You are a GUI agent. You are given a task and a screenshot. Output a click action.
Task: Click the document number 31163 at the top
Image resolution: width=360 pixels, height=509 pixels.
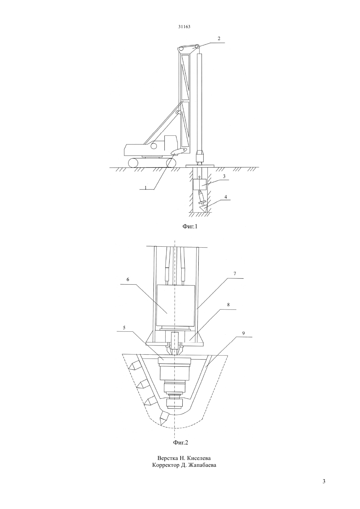[184, 27]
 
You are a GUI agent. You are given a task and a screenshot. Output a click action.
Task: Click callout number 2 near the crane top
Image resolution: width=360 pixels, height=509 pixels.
[219, 39]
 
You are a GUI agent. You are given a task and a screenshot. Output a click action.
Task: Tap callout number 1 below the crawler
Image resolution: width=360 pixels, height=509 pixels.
[145, 188]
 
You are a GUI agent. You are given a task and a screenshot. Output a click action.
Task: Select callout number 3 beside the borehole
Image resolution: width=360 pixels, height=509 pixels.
[224, 176]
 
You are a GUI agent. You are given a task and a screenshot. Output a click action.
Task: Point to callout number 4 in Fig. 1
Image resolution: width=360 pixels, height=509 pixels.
[226, 197]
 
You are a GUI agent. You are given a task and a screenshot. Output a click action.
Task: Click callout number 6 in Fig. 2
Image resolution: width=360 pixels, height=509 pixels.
[128, 279]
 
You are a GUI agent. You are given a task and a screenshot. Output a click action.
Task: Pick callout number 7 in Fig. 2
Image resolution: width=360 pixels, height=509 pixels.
[235, 273]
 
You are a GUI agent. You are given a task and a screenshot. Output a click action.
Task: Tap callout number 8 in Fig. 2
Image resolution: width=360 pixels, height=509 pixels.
[228, 305]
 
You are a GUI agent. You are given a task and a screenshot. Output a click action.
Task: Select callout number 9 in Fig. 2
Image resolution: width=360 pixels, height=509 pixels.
[243, 333]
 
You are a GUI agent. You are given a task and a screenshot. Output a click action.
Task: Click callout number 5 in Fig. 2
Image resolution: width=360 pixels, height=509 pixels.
[124, 328]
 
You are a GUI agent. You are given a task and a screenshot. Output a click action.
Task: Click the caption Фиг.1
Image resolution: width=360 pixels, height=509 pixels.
[190, 226]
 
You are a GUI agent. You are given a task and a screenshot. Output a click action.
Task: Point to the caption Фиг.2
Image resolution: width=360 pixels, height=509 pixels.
[181, 443]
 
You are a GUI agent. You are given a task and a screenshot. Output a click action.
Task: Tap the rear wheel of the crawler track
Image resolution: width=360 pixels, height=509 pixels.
[133, 163]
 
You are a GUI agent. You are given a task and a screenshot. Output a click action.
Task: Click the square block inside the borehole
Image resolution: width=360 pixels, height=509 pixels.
[200, 184]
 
